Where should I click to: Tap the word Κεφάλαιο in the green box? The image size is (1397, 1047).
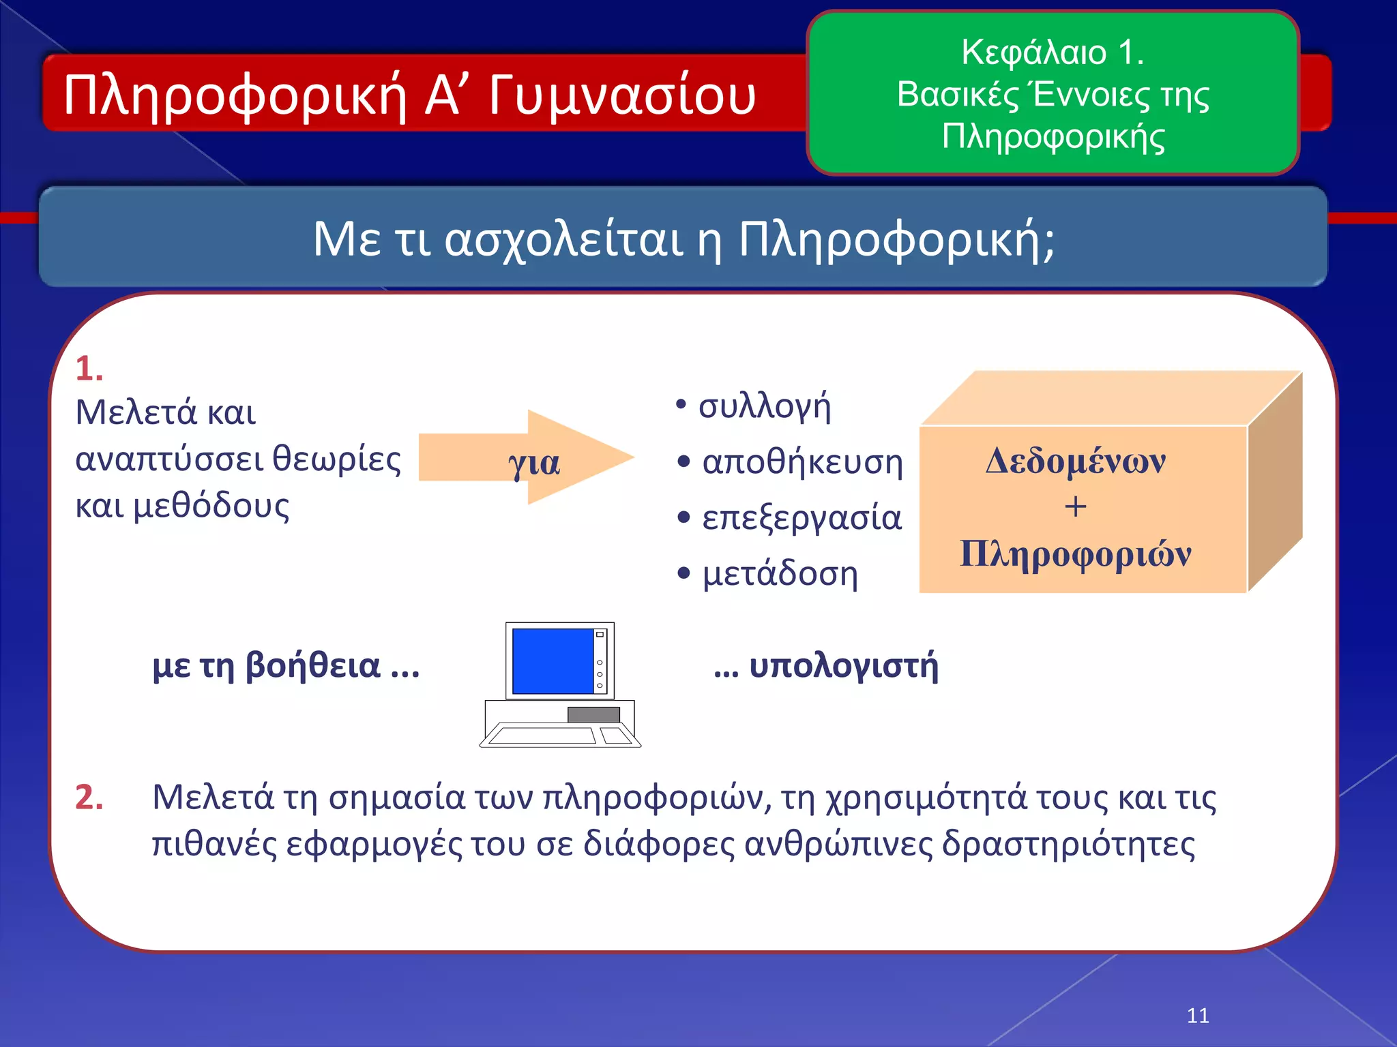(1033, 52)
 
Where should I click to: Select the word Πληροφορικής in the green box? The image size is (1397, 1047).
(1053, 137)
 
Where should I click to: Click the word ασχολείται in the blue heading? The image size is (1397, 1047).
(563, 240)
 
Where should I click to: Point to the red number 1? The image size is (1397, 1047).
(89, 369)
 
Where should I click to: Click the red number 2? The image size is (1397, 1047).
(89, 797)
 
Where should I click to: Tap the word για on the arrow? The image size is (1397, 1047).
(533, 464)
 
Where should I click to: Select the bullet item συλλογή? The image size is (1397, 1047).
(764, 406)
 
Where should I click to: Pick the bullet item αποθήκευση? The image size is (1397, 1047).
(802, 462)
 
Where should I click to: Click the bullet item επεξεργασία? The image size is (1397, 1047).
(802, 518)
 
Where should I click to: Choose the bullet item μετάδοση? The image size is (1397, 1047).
(780, 574)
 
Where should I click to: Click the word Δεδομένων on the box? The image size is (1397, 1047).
(1076, 461)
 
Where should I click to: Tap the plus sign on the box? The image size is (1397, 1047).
(1075, 506)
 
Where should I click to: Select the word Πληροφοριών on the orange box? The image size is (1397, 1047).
(1076, 553)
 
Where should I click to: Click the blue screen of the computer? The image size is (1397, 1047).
(552, 661)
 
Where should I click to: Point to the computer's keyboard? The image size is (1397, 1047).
(542, 735)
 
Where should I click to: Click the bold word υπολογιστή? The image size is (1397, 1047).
(843, 666)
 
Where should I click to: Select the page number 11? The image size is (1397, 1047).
(1198, 1016)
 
